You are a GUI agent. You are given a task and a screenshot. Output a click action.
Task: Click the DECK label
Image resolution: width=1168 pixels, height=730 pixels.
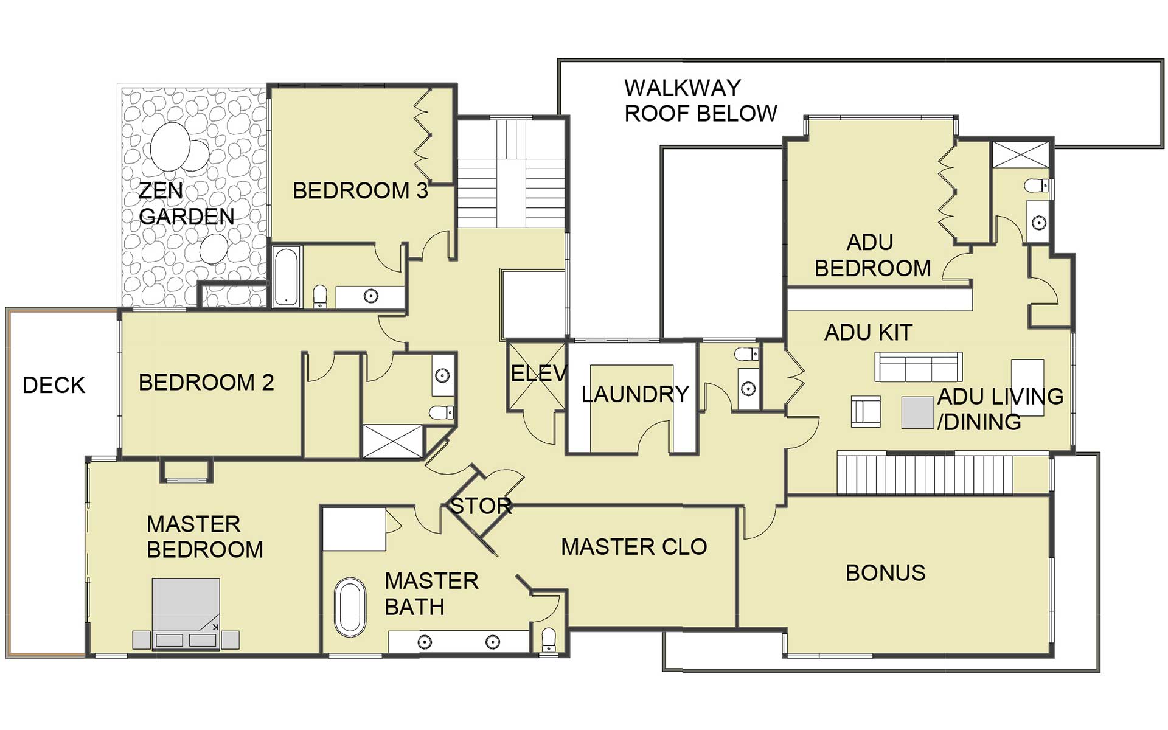tap(54, 385)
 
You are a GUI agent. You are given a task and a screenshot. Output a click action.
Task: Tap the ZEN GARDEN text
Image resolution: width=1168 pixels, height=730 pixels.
tap(186, 203)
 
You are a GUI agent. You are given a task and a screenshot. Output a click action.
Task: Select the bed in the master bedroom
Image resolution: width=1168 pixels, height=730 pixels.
tap(186, 614)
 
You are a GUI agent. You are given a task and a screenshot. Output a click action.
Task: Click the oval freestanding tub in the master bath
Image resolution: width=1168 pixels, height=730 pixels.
tap(350, 607)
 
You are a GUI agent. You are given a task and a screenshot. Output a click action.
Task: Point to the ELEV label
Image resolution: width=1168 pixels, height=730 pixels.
tap(539, 373)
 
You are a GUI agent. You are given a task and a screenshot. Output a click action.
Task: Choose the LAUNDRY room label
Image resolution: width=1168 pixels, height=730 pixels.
tap(635, 394)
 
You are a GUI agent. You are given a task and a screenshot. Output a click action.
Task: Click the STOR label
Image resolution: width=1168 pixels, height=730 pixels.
tap(481, 506)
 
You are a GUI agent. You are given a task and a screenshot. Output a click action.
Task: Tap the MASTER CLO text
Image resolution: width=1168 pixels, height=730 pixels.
tap(634, 547)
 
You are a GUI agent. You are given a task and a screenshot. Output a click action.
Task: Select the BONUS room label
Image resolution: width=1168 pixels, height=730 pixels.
tap(886, 572)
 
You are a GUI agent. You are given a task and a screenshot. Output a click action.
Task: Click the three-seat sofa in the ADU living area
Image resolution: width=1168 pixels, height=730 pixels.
tap(919, 367)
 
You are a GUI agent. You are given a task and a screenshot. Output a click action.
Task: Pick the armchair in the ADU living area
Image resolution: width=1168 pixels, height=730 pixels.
tap(866, 411)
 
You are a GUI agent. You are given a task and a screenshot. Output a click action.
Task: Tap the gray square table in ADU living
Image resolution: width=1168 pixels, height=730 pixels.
tap(917, 412)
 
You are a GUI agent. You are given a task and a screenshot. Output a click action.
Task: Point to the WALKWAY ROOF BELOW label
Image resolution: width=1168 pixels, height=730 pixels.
tap(701, 100)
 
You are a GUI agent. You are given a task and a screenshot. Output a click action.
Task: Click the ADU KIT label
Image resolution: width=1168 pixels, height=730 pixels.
tap(868, 333)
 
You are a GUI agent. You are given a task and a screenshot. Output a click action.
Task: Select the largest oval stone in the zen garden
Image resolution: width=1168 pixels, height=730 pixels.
tap(170, 147)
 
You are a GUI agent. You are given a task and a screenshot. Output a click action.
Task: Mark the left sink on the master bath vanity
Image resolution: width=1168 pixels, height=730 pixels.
tap(425, 642)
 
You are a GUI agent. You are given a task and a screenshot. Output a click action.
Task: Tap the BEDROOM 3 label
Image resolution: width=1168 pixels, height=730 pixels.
tap(361, 191)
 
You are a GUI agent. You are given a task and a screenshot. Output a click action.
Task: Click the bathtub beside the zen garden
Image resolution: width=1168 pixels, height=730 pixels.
tap(286, 276)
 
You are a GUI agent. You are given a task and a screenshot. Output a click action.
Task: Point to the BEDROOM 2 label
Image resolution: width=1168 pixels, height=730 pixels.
tap(206, 383)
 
